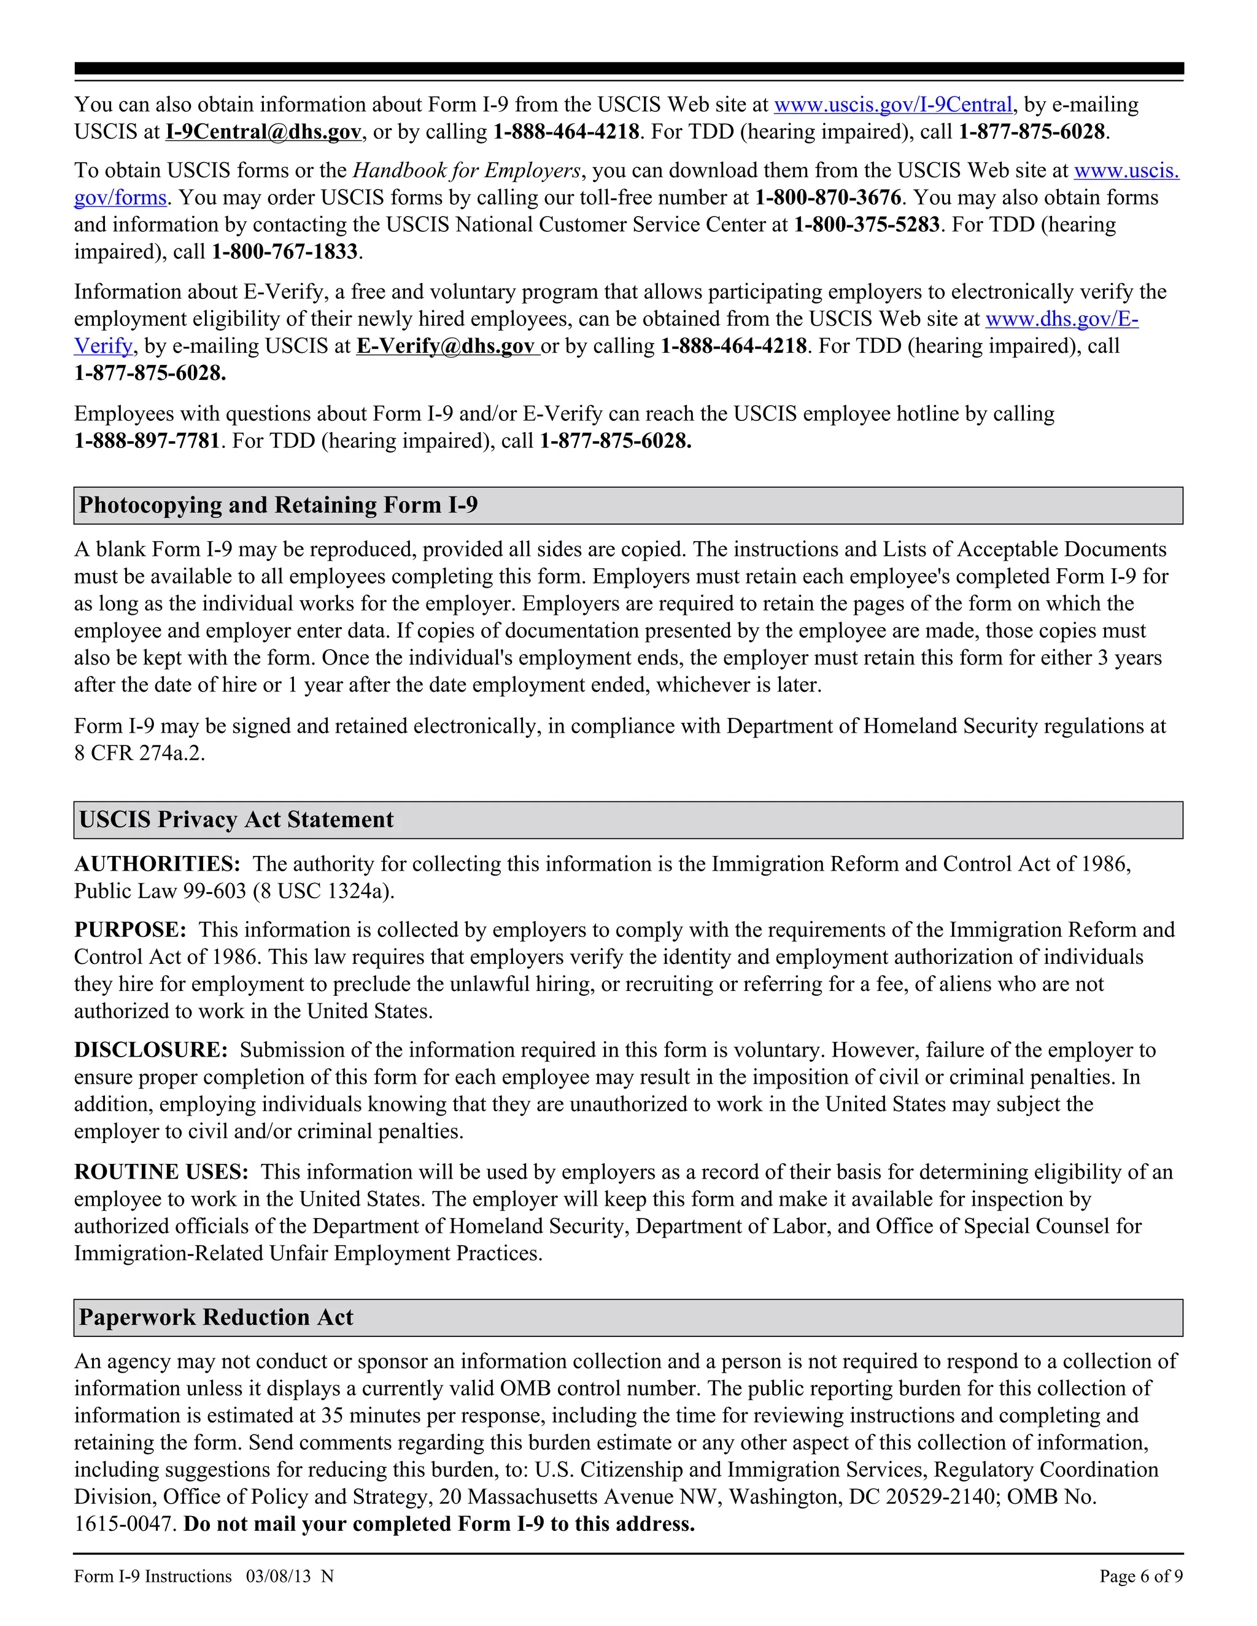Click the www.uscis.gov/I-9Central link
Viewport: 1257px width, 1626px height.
[893, 105]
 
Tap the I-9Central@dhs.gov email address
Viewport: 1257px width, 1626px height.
[263, 132]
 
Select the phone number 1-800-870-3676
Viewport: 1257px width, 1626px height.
[827, 198]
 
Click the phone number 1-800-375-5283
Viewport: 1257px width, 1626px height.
[866, 225]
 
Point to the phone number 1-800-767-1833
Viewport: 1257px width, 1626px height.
[284, 252]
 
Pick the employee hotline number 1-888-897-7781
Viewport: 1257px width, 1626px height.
[147, 441]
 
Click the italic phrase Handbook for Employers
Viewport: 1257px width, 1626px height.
[466, 171]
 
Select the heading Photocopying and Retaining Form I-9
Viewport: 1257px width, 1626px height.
[278, 506]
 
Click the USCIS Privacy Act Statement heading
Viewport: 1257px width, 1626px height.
[236, 820]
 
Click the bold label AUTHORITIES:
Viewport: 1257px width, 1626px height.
[157, 865]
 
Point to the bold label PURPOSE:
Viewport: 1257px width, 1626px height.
[130, 930]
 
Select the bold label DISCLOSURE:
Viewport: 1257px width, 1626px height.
[150, 1050]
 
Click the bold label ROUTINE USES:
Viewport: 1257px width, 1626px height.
[161, 1172]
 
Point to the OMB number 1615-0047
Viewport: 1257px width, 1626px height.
[125, 1524]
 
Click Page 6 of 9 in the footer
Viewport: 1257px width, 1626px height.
[1140, 1576]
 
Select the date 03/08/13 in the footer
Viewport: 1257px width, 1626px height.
[278, 1576]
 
